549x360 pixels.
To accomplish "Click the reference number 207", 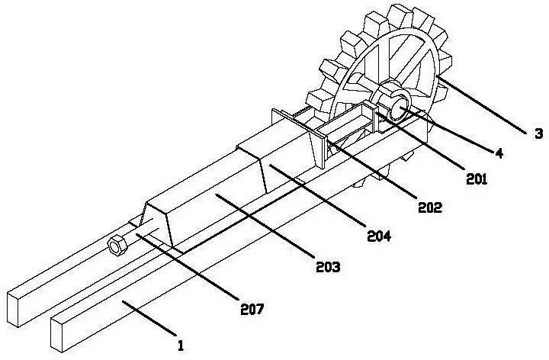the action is [252, 309].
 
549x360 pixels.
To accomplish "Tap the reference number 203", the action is [328, 267].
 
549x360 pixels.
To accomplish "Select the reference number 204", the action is [379, 236].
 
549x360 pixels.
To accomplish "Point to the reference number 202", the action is [430, 207].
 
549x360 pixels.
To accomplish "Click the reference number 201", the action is [477, 179].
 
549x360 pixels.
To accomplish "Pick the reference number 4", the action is [499, 153].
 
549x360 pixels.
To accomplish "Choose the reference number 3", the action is [539, 133].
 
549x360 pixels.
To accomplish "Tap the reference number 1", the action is [181, 346].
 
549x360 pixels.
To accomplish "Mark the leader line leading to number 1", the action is [149, 318].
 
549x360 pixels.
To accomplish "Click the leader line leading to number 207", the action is [188, 267].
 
